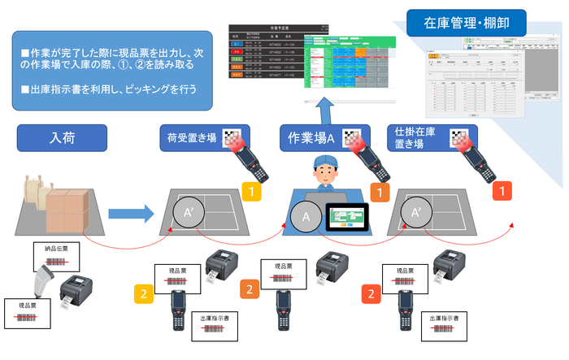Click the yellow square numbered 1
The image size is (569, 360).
click(253, 193)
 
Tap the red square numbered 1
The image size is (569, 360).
click(505, 192)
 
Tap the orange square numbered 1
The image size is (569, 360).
click(378, 193)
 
